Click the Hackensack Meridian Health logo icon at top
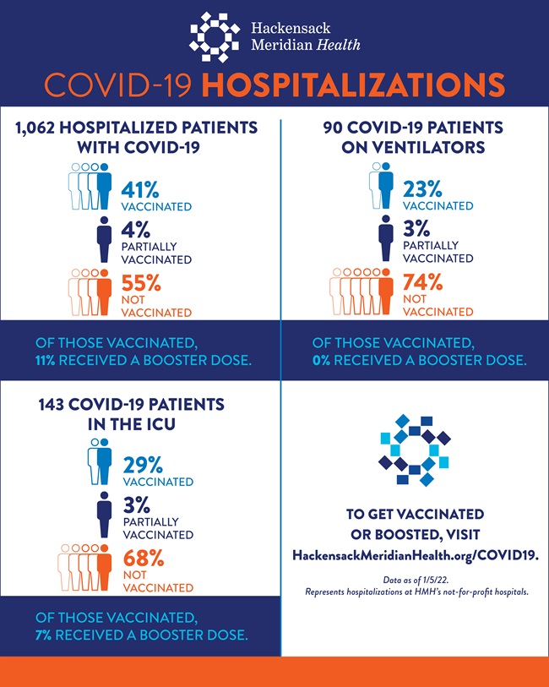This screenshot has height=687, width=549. [x=217, y=37]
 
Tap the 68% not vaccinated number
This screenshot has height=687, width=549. [x=144, y=559]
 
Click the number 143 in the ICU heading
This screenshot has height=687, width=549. [x=56, y=405]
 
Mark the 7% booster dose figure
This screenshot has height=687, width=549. [x=44, y=635]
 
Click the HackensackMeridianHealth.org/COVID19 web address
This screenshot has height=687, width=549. [x=416, y=555]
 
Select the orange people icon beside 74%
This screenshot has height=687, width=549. [x=362, y=292]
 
